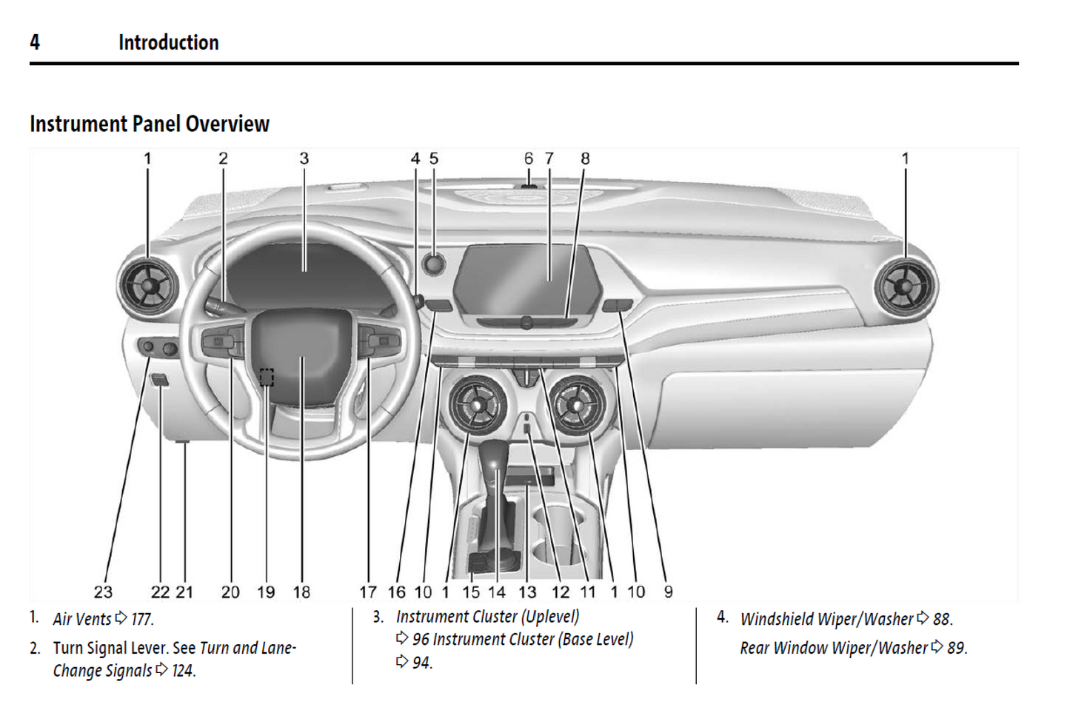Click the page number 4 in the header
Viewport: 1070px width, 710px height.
click(35, 42)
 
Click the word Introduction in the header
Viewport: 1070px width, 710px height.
click(168, 43)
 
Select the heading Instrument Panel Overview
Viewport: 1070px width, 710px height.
click(150, 124)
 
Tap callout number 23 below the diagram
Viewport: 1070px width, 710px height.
click(103, 592)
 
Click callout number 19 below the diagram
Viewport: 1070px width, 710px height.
click(266, 592)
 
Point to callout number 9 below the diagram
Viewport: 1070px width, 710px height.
click(668, 592)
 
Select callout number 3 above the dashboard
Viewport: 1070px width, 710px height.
click(304, 158)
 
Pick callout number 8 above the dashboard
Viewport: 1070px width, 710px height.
click(585, 158)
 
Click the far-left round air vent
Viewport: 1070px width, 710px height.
click(148, 287)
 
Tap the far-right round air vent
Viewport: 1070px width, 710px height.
click(904, 286)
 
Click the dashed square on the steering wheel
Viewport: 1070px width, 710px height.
click(267, 378)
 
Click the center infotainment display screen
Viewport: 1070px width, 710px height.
click(526, 280)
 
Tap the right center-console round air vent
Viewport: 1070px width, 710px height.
click(577, 404)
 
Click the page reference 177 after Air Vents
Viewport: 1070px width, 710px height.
click(142, 619)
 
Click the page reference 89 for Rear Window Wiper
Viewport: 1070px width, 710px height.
click(957, 648)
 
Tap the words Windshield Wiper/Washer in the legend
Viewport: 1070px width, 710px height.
click(826, 619)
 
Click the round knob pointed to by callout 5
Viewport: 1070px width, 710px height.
click(433, 263)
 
